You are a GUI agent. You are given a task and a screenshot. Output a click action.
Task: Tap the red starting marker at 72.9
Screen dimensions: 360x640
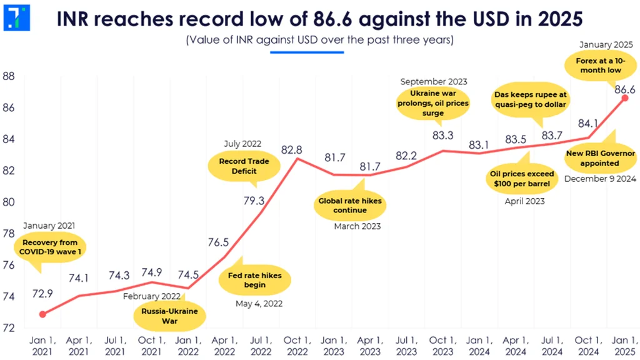42,314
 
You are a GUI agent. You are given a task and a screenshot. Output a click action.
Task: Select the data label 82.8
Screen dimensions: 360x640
292,150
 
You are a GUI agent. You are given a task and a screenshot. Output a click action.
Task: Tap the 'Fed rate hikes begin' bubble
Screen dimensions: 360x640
254,280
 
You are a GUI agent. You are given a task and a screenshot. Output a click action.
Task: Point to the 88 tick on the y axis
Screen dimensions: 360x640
9,76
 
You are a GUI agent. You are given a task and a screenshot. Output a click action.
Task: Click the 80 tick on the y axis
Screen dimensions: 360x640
9,202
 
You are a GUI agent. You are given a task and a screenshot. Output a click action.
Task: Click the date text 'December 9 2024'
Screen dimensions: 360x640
599,178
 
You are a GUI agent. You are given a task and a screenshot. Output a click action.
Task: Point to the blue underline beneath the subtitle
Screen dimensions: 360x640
307,52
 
